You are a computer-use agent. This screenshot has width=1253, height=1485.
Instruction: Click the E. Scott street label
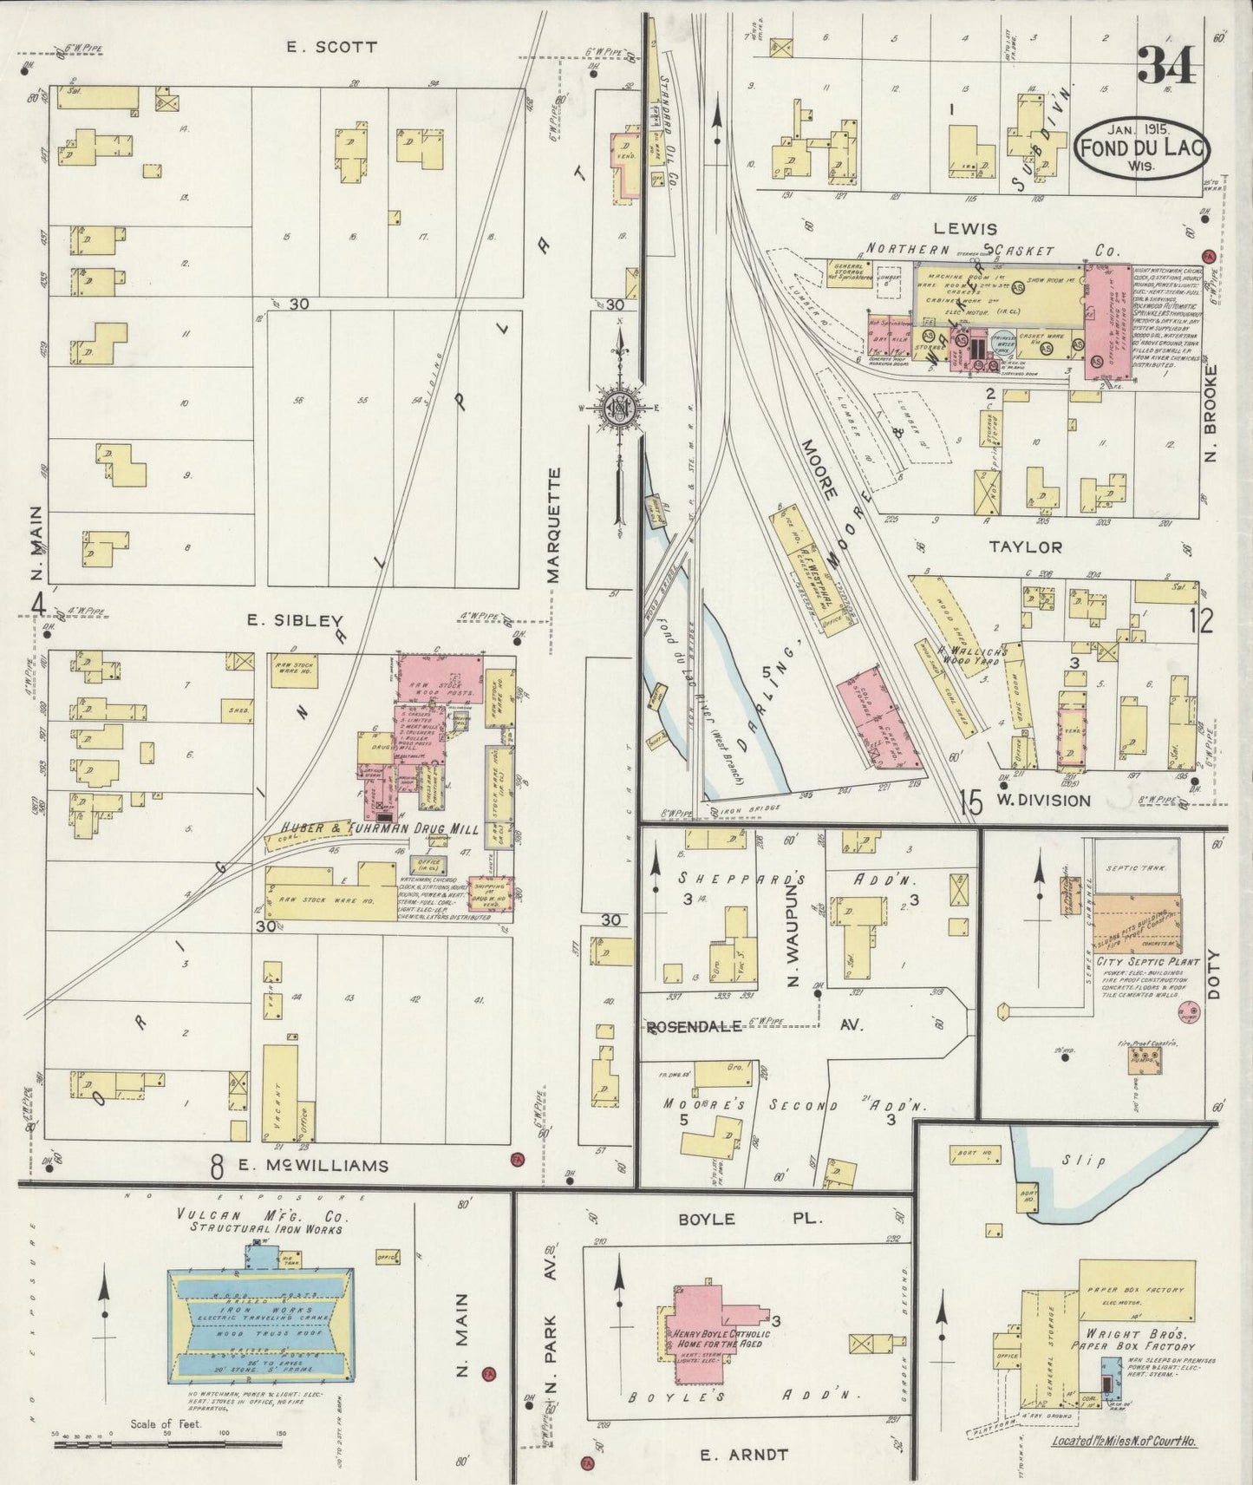[x=332, y=47]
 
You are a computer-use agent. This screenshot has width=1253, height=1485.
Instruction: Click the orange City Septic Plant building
[x=1136, y=924]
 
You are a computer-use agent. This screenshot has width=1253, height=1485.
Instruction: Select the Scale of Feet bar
[x=169, y=1443]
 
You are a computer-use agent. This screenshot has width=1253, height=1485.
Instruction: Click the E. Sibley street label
[x=295, y=620]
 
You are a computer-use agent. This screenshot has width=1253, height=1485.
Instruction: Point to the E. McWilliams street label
[x=312, y=1165]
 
